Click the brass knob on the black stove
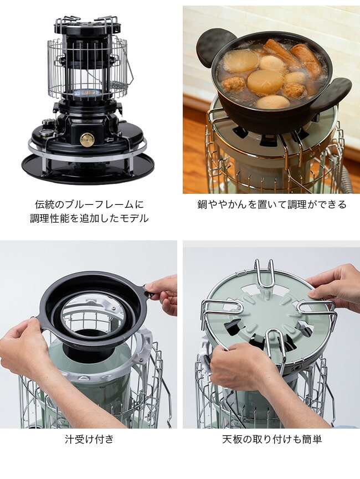tap(87, 140)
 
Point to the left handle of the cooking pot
tap(212, 45)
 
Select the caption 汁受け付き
tap(89, 439)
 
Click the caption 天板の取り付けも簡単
tap(272, 439)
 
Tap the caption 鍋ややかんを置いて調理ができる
tap(272, 204)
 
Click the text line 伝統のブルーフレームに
tap(89, 204)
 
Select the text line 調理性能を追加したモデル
tap(89, 218)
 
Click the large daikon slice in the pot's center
tap(265, 82)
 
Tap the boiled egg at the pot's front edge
tap(272, 102)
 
